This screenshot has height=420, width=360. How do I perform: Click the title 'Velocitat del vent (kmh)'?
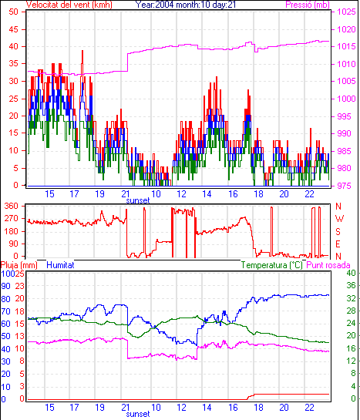pos(69,5)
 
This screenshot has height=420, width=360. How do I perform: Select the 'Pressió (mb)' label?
pos(308,5)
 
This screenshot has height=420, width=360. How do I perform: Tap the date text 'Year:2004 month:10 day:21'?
pos(185,5)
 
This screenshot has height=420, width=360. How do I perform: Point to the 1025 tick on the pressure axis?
pos(346,12)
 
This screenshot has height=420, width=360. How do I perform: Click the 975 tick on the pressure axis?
pos(344,186)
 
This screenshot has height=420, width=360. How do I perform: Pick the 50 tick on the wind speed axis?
pos(13,12)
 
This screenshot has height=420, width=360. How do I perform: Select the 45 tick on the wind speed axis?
pos(13,29)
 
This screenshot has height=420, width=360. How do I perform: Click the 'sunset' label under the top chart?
pos(138,200)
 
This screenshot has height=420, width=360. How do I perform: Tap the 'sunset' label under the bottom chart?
pos(138,414)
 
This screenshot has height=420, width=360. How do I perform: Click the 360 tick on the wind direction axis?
pos(12,206)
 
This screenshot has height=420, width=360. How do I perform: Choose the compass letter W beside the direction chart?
pos(339,219)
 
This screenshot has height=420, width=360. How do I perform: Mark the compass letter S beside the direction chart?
pos(338,231)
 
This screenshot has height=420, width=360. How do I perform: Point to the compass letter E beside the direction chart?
pos(338,244)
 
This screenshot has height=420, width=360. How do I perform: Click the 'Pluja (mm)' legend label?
pos(19,265)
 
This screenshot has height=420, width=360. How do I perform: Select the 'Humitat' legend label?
pos(60,265)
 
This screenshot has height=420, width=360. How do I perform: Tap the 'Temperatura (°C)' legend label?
pos(272,265)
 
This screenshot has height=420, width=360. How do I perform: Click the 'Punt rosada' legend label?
pos(328,265)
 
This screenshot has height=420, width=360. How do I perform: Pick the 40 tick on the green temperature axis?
pos(351,273)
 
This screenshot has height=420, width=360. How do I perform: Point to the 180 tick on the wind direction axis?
pos(12,231)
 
